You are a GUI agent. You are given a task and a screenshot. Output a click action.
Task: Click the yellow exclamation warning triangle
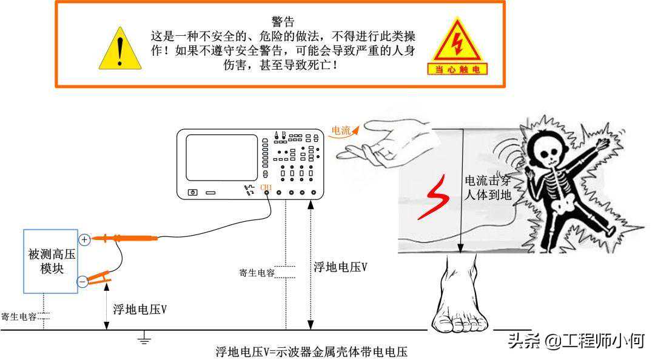tap(120, 49)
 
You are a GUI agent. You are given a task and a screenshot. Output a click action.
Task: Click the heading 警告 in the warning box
tap(283, 21)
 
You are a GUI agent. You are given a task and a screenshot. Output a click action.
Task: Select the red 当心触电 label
tap(457, 69)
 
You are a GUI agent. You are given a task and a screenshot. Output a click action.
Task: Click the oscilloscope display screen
tap(221, 158)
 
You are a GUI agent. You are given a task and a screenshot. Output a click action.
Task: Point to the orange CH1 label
tap(266, 187)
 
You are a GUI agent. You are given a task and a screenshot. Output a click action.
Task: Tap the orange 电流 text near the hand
tap(340, 131)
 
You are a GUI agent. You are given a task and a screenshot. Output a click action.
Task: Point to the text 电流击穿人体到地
tap(488, 187)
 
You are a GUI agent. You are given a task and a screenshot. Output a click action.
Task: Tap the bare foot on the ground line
tap(460, 295)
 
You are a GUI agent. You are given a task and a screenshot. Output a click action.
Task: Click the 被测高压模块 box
tap(50, 261)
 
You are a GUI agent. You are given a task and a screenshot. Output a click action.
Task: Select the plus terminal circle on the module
tap(84, 240)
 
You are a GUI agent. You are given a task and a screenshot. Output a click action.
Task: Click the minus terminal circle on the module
tap(82, 281)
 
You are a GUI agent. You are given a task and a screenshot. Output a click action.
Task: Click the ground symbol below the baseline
tap(144, 338)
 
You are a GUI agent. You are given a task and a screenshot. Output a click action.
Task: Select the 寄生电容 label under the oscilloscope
tap(257, 273)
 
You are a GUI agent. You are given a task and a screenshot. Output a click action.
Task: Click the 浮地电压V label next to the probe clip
tap(140, 310)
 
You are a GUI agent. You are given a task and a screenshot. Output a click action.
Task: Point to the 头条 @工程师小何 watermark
tap(577, 341)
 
